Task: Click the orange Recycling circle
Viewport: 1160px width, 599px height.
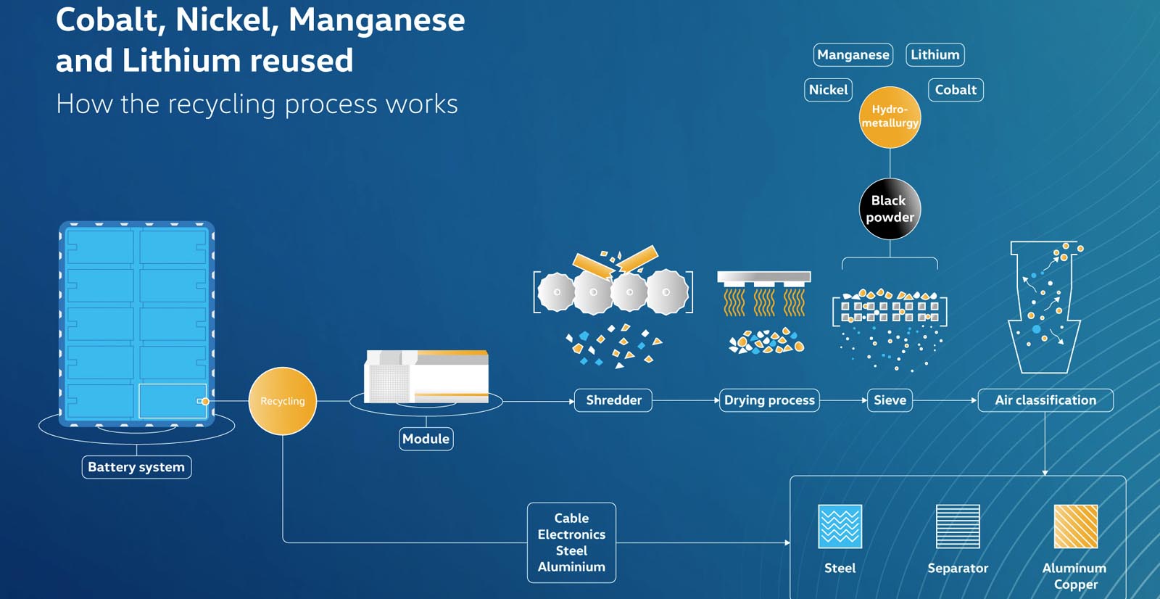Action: pyautogui.click(x=282, y=400)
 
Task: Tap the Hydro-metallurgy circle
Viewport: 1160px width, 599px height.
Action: pyautogui.click(x=890, y=117)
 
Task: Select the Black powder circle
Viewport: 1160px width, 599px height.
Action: pyautogui.click(x=890, y=209)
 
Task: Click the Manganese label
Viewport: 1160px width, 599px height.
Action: pyautogui.click(x=853, y=54)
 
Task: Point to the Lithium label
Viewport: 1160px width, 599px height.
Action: pyautogui.click(x=935, y=54)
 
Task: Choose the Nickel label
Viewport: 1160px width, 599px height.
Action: pyautogui.click(x=828, y=90)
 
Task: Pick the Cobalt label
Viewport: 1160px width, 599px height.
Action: pyautogui.click(x=956, y=90)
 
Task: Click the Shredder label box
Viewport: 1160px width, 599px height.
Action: pyautogui.click(x=613, y=400)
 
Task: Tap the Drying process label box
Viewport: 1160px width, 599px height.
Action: pyautogui.click(x=769, y=400)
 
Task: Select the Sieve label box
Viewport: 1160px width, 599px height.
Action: pyautogui.click(x=890, y=400)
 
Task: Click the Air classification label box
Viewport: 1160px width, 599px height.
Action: pyautogui.click(x=1045, y=400)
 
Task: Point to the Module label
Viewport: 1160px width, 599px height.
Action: pyautogui.click(x=426, y=439)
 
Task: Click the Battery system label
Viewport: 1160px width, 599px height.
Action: pyautogui.click(x=136, y=467)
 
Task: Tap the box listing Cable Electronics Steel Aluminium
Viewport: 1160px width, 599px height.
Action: pyautogui.click(x=571, y=542)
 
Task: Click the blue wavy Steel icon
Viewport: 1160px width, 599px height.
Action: pyautogui.click(x=840, y=526)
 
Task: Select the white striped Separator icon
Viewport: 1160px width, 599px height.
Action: pyautogui.click(x=958, y=526)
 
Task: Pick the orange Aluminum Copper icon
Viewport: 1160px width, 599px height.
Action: pyautogui.click(x=1076, y=526)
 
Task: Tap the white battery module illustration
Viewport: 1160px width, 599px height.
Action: pyautogui.click(x=426, y=376)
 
